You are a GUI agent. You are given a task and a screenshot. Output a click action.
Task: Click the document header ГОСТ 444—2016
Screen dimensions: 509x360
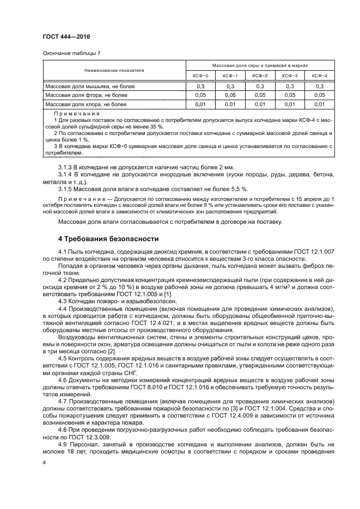66,36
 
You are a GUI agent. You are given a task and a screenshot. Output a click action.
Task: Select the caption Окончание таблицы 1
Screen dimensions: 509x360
71,53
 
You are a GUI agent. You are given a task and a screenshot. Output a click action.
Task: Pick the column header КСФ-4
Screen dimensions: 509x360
319,75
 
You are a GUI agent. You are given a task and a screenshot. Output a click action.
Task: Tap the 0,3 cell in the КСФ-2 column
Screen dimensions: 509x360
260,86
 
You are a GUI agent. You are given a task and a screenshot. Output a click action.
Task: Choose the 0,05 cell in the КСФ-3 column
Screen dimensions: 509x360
290,95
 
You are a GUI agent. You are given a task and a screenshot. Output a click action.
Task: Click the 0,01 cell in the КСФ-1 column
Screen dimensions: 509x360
230,103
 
